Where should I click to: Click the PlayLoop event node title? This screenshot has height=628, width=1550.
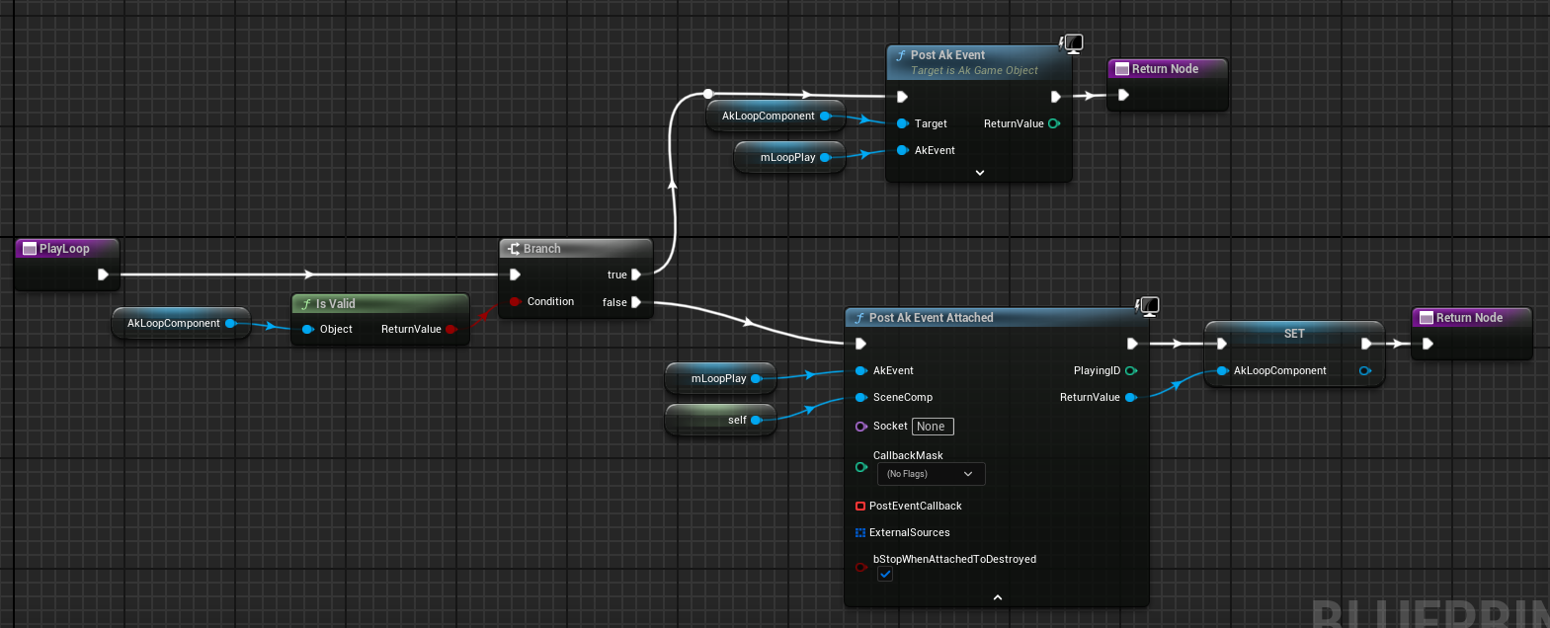point(64,249)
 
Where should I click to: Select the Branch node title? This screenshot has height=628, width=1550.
point(541,249)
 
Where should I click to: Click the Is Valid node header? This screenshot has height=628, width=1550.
point(335,304)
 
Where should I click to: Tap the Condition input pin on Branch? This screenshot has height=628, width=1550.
point(515,301)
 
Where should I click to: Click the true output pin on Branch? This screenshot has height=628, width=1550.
point(636,275)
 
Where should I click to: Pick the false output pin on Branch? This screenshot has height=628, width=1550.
point(636,302)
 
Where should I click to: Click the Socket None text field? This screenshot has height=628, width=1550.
point(932,427)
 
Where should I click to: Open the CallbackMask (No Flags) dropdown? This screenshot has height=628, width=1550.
point(931,474)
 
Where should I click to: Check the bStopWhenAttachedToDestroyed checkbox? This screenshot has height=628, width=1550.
point(885,574)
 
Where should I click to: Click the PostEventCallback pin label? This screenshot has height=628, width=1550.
point(915,506)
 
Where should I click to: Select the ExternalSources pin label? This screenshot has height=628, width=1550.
point(909,532)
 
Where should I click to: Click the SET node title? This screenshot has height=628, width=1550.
point(1294,334)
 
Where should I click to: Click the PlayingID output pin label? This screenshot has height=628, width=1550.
point(1097,370)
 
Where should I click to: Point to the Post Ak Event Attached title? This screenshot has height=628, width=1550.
point(931,318)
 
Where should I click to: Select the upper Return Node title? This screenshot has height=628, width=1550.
point(1165,69)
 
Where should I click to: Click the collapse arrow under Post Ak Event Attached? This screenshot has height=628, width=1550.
point(997,597)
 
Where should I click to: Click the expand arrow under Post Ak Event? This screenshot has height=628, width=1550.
point(979,173)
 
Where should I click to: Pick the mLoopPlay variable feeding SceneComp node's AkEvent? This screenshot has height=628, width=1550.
point(718,378)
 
